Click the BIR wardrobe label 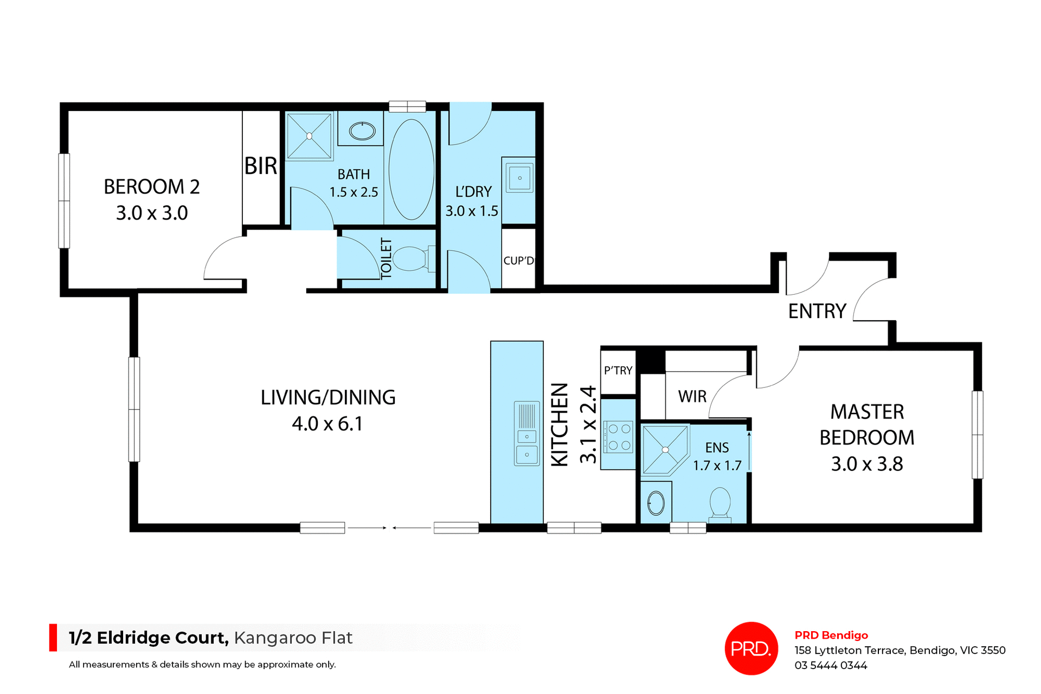[261, 166]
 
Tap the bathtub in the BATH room [412, 169]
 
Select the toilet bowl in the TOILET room [410, 258]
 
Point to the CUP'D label [518, 261]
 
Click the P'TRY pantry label [618, 371]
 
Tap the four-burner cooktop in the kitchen [619, 437]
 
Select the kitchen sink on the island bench [526, 433]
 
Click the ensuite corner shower [664, 449]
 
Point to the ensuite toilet [720, 503]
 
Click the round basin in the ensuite [656, 503]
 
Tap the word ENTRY [817, 312]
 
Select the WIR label [692, 397]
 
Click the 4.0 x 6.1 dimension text [327, 424]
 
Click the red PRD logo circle [751, 648]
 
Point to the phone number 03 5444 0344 [831, 665]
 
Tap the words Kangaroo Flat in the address [293, 638]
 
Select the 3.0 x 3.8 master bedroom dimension [867, 464]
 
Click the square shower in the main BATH [309, 136]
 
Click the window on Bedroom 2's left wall [64, 201]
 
